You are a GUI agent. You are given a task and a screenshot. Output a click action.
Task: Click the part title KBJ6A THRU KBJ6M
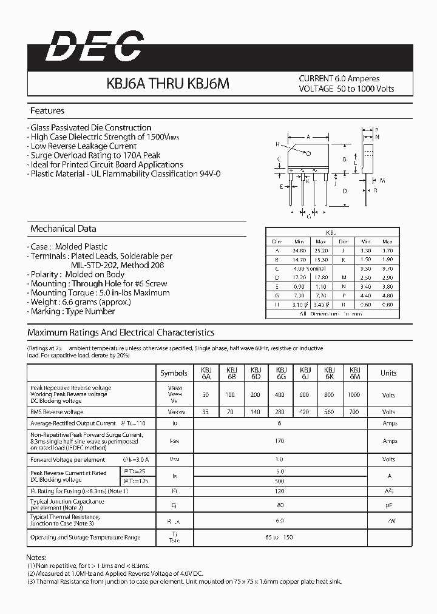pyautogui.click(x=168, y=84)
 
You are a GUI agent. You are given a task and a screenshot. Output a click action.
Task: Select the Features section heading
pyautogui.click(x=47, y=111)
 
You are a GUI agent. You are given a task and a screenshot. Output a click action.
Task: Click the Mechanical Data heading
pyautogui.click(x=63, y=229)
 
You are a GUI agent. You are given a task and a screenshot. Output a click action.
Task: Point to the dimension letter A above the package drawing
pyautogui.click(x=308, y=137)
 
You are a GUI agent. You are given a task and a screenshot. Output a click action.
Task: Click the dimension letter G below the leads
pyautogui.click(x=309, y=216)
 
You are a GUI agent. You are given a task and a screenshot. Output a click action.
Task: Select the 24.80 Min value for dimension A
pyautogui.click(x=299, y=250)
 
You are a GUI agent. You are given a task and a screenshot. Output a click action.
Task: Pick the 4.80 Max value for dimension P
pyautogui.click(x=388, y=295)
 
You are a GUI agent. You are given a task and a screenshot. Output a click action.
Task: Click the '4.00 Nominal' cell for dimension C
pyautogui.click(x=310, y=268)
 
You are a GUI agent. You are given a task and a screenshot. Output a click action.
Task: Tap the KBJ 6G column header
pyautogui.click(x=281, y=373)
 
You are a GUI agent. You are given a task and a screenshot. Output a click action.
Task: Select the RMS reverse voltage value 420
pyautogui.click(x=305, y=412)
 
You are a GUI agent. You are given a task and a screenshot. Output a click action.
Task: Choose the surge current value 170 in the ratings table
pyautogui.click(x=280, y=441)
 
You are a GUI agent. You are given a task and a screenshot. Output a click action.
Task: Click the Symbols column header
pyautogui.click(x=174, y=373)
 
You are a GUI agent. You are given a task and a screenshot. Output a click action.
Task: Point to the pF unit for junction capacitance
pyautogui.click(x=388, y=505)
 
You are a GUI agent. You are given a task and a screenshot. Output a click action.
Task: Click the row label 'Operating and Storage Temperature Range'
pyautogui.click(x=85, y=538)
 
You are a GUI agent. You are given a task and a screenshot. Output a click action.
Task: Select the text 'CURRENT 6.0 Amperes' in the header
pyautogui.click(x=339, y=79)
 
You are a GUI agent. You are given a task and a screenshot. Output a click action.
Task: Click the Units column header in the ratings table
pyautogui.click(x=388, y=373)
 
